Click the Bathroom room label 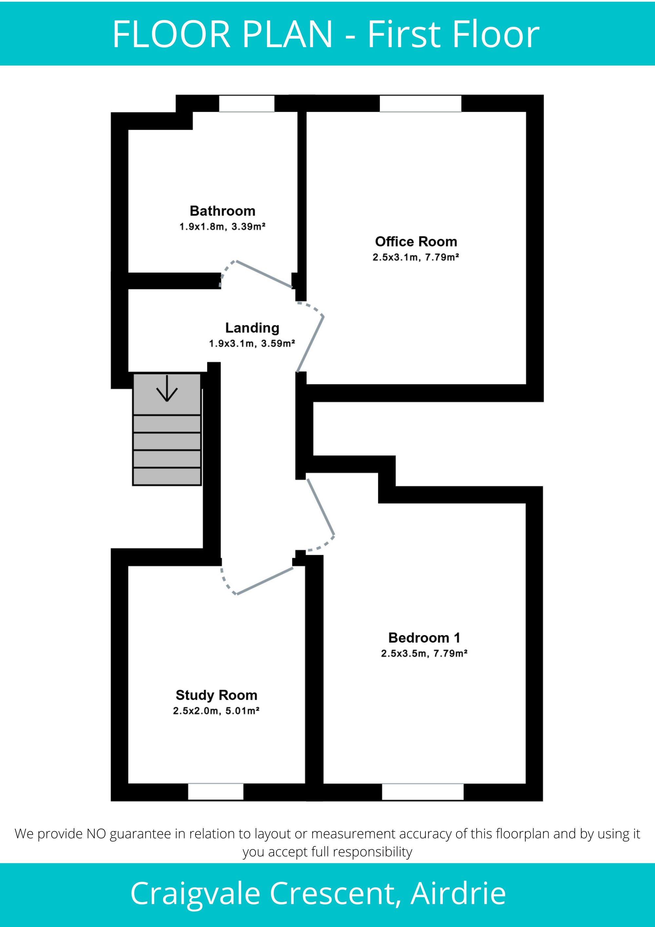pos(222,211)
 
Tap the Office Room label pos(416,241)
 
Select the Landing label pos(252,328)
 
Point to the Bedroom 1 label pos(424,638)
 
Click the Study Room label pos(216,695)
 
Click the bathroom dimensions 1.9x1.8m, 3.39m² pos(222,226)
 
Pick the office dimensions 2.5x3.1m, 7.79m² pos(416,257)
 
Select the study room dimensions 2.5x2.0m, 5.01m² pos(216,711)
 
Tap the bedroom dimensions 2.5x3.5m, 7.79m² pos(424,653)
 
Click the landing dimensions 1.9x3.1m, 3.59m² pos(252,344)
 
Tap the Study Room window pos(216,792)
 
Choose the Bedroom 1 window pos(423,792)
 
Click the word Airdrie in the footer pos(458,894)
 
